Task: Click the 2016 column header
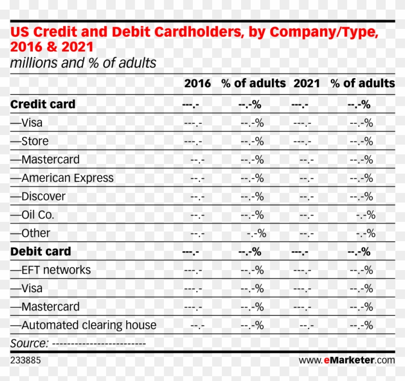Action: (x=197, y=83)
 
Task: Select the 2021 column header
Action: (x=307, y=83)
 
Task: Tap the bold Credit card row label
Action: (x=43, y=104)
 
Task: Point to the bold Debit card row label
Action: (x=40, y=251)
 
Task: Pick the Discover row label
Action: (x=43, y=196)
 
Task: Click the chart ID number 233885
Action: (x=26, y=360)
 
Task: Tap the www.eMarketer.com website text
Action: (x=346, y=360)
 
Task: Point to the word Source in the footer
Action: (x=29, y=343)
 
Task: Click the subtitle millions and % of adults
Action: (x=83, y=63)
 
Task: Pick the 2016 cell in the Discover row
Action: (x=197, y=197)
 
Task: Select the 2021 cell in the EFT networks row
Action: (x=302, y=270)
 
